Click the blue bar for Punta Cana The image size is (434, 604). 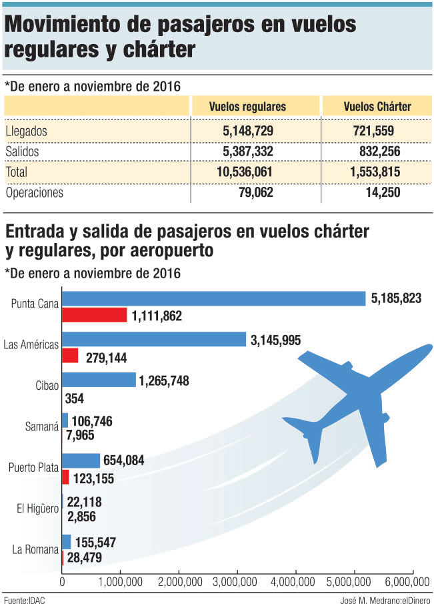[213, 298]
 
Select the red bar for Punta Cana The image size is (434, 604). [94, 315]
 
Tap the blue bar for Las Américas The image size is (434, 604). [154, 340]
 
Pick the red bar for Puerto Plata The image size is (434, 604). [65, 477]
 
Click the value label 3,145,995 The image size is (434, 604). [275, 340]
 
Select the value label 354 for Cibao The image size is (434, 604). [73, 398]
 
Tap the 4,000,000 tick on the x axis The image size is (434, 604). [296, 582]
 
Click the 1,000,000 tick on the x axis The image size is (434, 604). [121, 582]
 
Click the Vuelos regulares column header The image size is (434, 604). [247, 106]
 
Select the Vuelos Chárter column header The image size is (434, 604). [377, 106]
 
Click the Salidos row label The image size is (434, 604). [22, 152]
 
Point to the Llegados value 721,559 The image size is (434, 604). [379, 131]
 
